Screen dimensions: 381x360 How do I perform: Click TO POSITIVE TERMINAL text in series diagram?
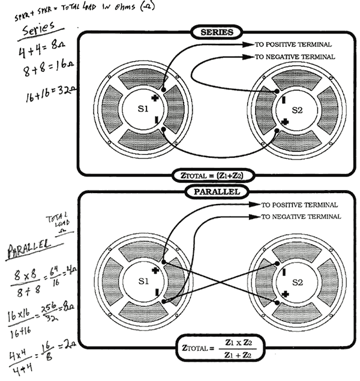tap(293, 45)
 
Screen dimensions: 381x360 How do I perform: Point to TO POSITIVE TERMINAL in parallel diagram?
tap(304, 205)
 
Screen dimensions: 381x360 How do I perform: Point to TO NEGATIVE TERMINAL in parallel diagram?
tap(304, 217)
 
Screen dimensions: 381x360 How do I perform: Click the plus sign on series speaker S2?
tap(284, 122)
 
